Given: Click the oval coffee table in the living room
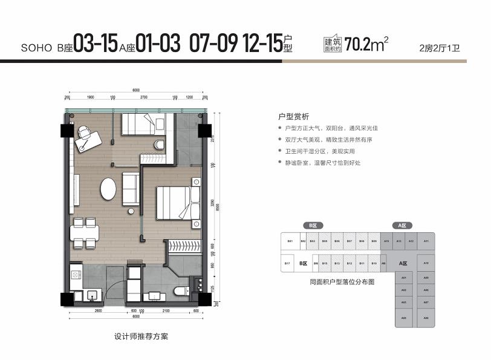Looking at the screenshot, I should click(x=109, y=188).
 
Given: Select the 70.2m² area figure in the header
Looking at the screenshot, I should click(x=365, y=45).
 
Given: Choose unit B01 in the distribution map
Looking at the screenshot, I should click(x=290, y=241).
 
